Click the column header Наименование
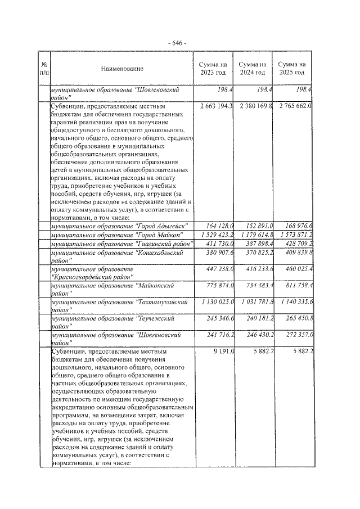click(122, 69)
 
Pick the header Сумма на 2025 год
click(292, 69)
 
